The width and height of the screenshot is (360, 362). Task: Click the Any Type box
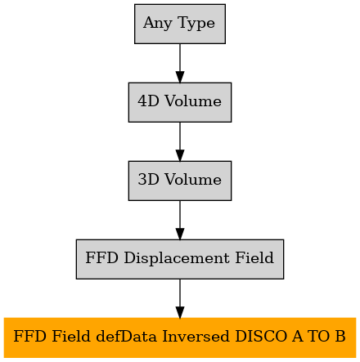point(180,24)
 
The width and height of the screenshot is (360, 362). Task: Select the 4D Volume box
point(180,102)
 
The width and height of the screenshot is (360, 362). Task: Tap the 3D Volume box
point(180,181)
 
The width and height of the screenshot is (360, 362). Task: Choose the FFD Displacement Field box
point(180,259)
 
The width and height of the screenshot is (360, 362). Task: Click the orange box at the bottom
point(180,337)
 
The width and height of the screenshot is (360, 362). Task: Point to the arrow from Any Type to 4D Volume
point(180,63)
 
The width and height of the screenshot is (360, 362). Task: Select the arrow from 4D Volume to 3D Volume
point(180,141)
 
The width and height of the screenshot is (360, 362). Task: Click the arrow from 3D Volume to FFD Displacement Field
point(180,220)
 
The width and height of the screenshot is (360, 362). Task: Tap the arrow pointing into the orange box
point(180,298)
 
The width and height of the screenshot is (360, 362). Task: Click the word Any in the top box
point(158,23)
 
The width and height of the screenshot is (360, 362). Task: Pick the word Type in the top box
point(196,23)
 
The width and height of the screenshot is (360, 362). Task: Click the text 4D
point(148,101)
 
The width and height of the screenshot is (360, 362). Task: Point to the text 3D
point(148,180)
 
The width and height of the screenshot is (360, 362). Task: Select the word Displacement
point(177,258)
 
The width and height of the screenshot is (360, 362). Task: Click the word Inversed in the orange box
point(196,336)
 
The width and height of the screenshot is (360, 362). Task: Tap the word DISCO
point(261,336)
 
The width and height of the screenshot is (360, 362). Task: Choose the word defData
point(127,336)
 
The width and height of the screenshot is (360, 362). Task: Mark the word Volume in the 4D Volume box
point(193,101)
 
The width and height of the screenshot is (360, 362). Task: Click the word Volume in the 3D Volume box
point(193,180)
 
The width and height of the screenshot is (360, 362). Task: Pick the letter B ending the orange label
point(340,336)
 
